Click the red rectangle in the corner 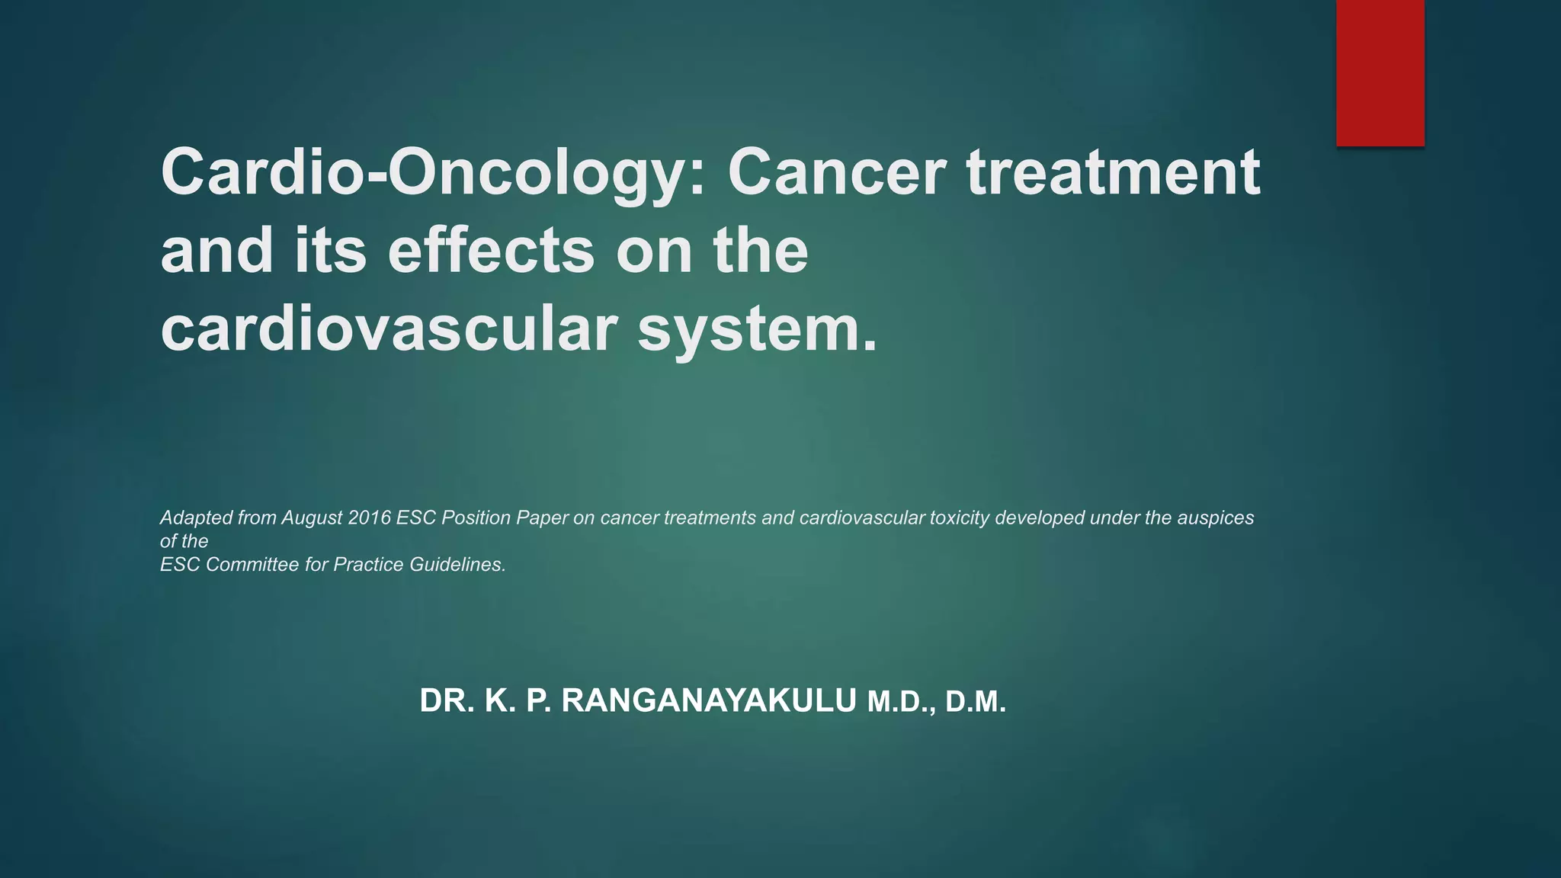[1380, 72]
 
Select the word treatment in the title [1113, 171]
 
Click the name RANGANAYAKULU [709, 701]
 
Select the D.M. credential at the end [976, 703]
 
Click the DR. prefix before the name [447, 701]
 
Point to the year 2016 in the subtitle [369, 518]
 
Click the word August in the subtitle [312, 518]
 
